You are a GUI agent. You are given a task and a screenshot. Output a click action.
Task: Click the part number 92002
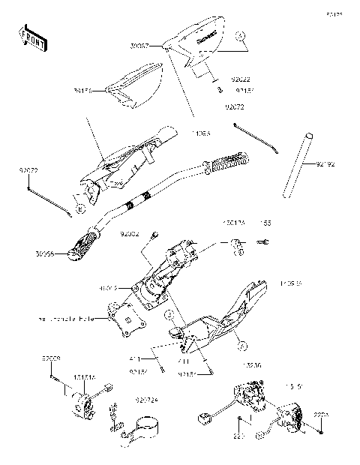click(130, 234)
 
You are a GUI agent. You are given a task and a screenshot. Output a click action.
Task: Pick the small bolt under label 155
click(263, 242)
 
